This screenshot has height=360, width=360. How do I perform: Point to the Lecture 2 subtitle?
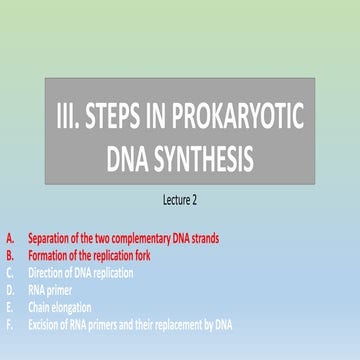180,200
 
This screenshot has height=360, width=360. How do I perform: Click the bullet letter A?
10,238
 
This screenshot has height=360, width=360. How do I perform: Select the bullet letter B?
10,255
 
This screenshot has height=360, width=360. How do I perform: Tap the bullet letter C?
10,271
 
